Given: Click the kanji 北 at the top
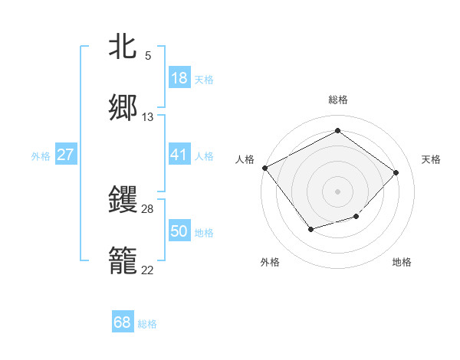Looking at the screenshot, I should pyautogui.click(x=123, y=47).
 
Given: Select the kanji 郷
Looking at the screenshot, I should pyautogui.click(x=123, y=108).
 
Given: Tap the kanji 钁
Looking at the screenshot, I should pyautogui.click(x=123, y=199).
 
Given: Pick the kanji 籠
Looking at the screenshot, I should pyautogui.click(x=123, y=261).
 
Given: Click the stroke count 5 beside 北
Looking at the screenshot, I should pyautogui.click(x=148, y=56).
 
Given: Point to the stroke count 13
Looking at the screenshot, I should pyautogui.click(x=148, y=117).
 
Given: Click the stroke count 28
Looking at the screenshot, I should pyautogui.click(x=148, y=208).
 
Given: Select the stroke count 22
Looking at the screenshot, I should pyautogui.click(x=148, y=270).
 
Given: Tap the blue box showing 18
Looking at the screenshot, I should pyautogui.click(x=179, y=78).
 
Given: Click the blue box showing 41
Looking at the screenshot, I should pyautogui.click(x=179, y=155).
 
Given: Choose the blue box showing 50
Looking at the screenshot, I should pyautogui.click(x=179, y=231).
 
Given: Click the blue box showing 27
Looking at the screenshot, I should pyautogui.click(x=65, y=155).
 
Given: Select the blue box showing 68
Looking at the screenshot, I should pyautogui.click(x=123, y=322).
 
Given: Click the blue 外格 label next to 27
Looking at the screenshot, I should pyautogui.click(x=41, y=156).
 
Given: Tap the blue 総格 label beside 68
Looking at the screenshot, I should pyautogui.click(x=147, y=324).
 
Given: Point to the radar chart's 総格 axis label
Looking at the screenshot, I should pyautogui.click(x=338, y=100).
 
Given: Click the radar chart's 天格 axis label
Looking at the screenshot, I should pyautogui.click(x=432, y=159).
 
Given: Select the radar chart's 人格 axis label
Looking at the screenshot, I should pyautogui.click(x=245, y=159).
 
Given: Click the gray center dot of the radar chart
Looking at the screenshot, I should pyautogui.click(x=337, y=191).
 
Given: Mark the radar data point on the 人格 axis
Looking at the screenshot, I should pyautogui.click(x=265, y=167).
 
